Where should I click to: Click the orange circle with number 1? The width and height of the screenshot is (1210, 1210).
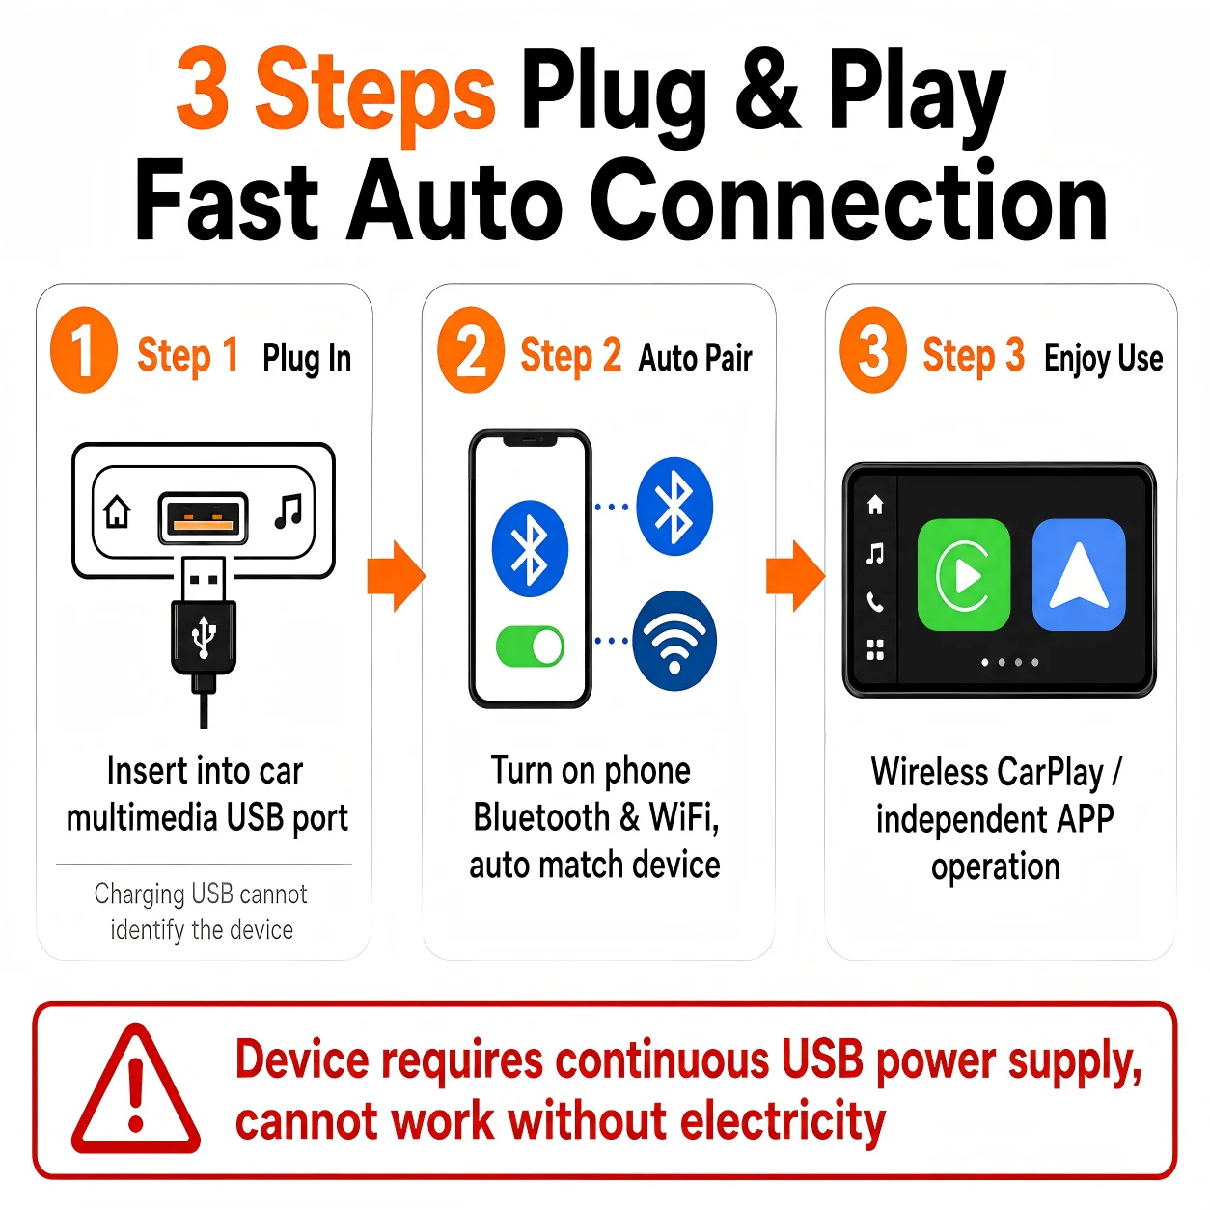[x=84, y=349]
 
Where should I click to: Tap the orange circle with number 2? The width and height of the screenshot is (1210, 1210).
[x=470, y=349]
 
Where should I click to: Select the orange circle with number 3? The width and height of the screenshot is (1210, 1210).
[x=872, y=349]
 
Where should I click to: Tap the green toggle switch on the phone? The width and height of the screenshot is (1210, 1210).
[x=530, y=646]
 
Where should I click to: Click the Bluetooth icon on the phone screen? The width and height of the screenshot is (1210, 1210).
[x=530, y=548]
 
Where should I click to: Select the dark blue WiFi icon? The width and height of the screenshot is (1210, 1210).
[x=674, y=641]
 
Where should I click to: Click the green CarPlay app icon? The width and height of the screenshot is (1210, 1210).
[x=963, y=574]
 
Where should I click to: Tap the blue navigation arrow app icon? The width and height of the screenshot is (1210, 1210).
[x=1079, y=574]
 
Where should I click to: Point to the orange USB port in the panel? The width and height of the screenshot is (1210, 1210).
[x=203, y=518]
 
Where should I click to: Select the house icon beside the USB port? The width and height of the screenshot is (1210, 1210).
[x=117, y=511]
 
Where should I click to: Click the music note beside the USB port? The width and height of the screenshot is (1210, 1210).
[x=289, y=511]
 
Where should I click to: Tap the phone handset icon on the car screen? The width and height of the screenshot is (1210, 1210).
[x=874, y=602]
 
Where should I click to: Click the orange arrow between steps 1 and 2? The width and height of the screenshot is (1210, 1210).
[x=397, y=576]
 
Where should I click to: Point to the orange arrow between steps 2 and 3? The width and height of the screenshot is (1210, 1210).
[x=796, y=576]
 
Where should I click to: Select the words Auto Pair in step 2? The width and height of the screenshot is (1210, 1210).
[x=695, y=358]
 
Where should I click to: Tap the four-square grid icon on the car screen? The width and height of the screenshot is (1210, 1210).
[x=874, y=650]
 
